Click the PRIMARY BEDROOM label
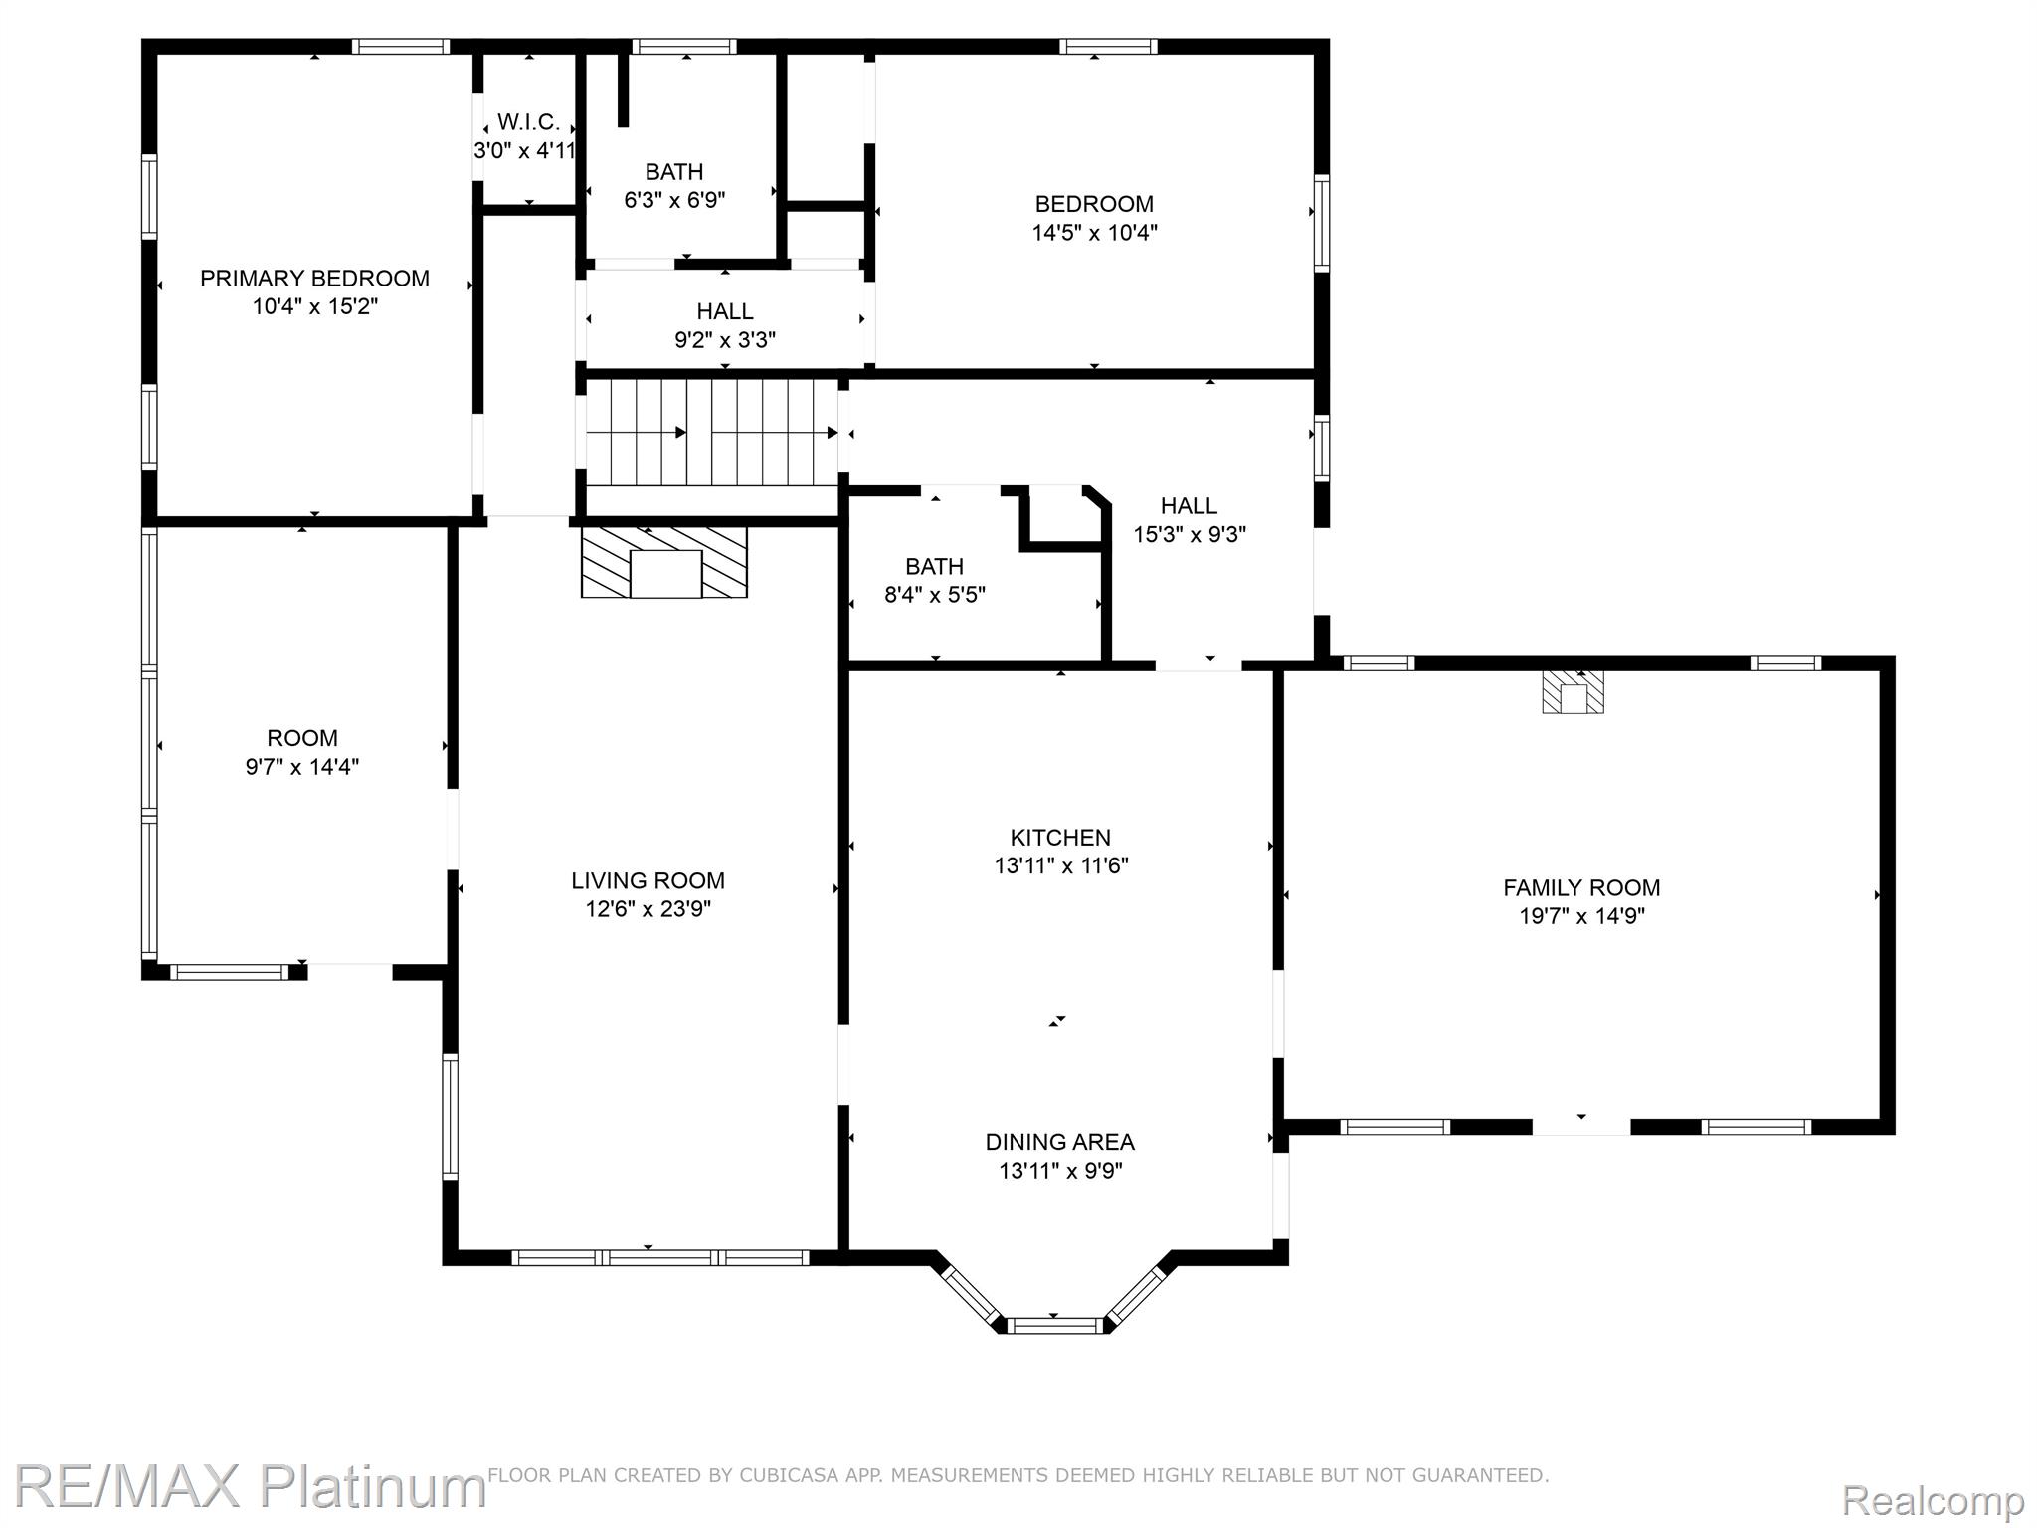[x=314, y=279]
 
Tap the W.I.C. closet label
[x=528, y=122]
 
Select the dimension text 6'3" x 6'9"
[x=674, y=200]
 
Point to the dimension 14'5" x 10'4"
[x=1094, y=233]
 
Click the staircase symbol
[x=712, y=432]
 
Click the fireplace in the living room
[x=664, y=562]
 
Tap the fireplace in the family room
[x=1573, y=692]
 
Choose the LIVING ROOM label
[x=648, y=880]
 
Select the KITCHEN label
[x=1060, y=838]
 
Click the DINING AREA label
[x=1060, y=1142]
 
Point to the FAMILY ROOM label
[x=1581, y=888]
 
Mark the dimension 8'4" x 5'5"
[x=935, y=595]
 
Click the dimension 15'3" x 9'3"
[x=1190, y=534]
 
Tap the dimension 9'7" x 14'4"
[x=302, y=767]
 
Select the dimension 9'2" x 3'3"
[x=725, y=340]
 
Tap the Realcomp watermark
[x=1934, y=1499]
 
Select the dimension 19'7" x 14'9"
[x=1581, y=916]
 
